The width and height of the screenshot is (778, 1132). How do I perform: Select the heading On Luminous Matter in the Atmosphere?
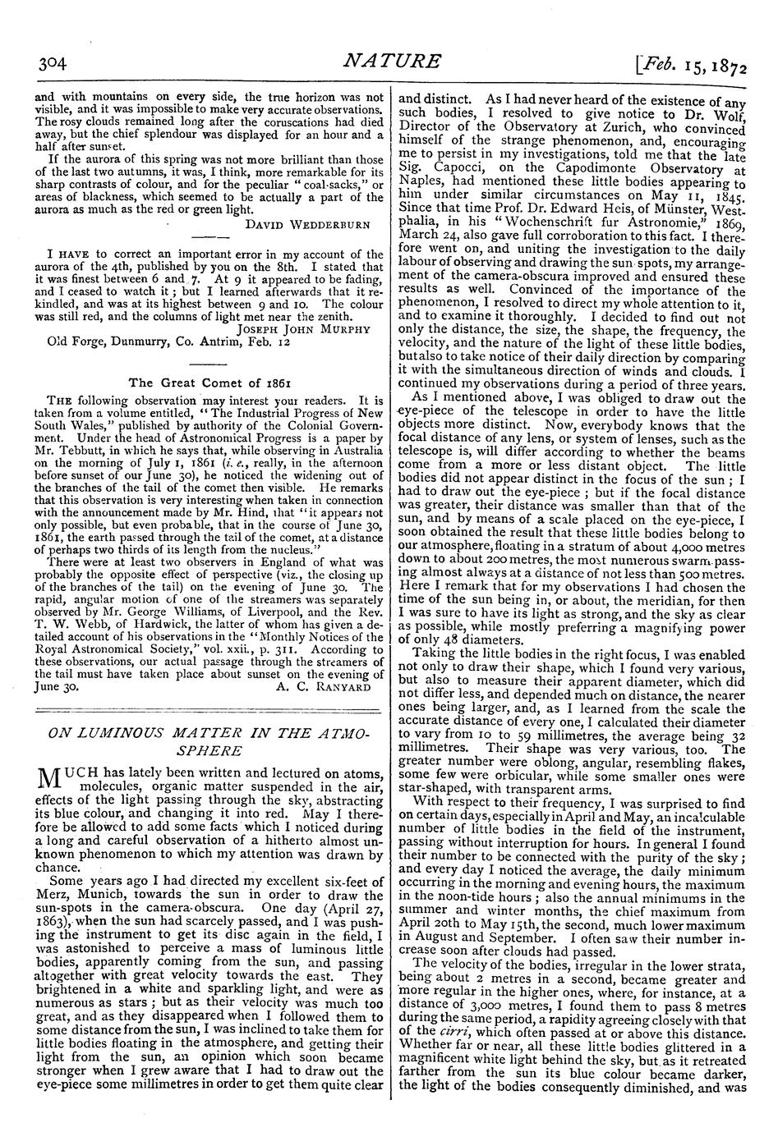[x=201, y=740]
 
